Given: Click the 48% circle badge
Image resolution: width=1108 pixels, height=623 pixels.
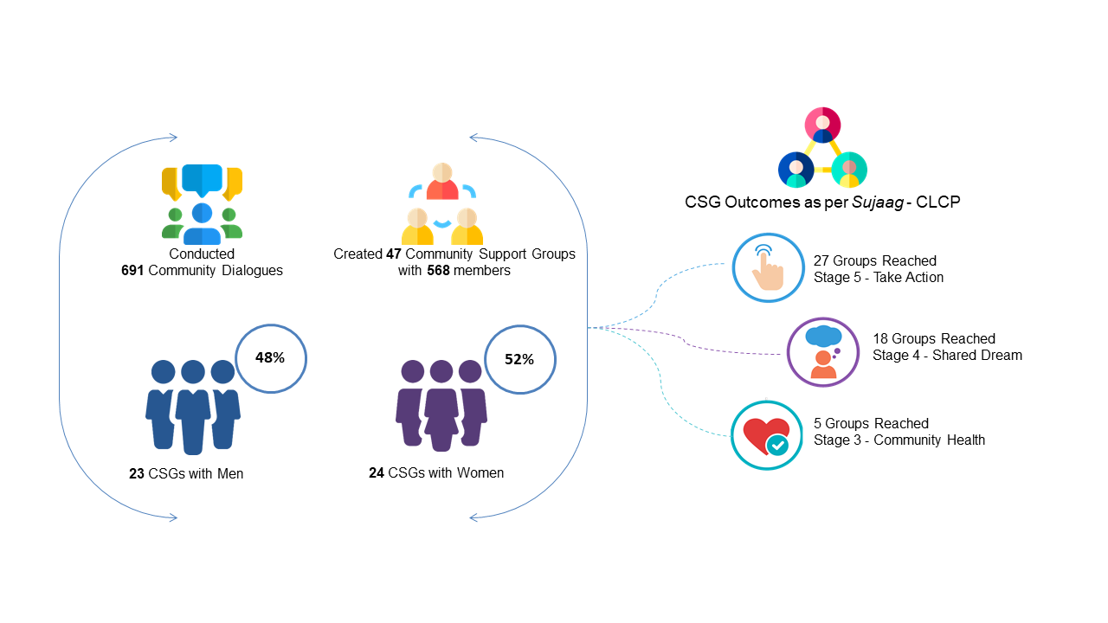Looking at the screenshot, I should pos(272,357).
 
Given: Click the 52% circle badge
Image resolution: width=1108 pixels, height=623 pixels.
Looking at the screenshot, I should pos(519,359).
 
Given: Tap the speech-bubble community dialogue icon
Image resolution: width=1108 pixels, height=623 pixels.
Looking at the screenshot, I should pos(202,204).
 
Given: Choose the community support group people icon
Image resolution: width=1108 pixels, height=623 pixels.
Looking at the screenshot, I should pos(442,204).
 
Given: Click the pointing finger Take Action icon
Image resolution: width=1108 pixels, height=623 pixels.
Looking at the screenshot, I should pos(766,267).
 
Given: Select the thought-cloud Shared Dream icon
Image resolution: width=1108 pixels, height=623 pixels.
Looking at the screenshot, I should pos(822,351).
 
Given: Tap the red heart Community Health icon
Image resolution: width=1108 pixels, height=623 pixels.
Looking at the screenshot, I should pos(766,435).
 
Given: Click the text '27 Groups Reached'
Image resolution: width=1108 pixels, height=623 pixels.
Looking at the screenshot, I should pos(874,260).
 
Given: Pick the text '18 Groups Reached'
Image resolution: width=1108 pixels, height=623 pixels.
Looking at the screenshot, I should pos(933,338).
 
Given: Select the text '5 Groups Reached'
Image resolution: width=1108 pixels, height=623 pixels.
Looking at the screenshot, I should pos(871,423).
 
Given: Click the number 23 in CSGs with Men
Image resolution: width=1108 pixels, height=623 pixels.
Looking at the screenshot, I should pos(136,473).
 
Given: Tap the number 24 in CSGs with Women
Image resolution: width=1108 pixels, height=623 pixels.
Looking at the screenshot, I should pos(376,472).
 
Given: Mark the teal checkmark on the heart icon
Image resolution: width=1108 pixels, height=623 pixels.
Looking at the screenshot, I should pos(778,445).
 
